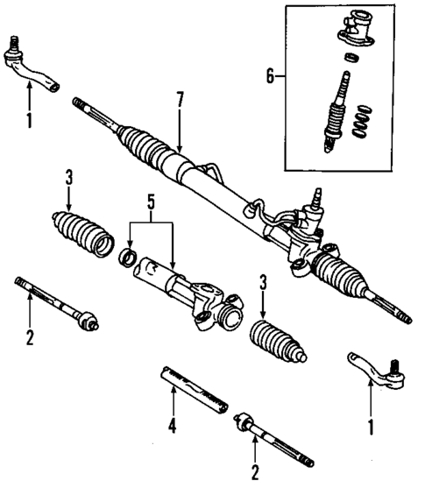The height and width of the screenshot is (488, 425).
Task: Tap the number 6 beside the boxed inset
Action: [269, 77]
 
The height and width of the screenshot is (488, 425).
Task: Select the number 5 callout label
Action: [151, 211]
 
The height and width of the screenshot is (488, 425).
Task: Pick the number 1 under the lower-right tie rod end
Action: [370, 429]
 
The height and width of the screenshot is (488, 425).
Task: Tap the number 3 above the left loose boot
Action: [69, 179]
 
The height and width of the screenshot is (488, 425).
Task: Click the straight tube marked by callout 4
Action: [194, 386]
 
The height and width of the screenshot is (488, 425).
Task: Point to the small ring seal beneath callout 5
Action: [128, 258]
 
